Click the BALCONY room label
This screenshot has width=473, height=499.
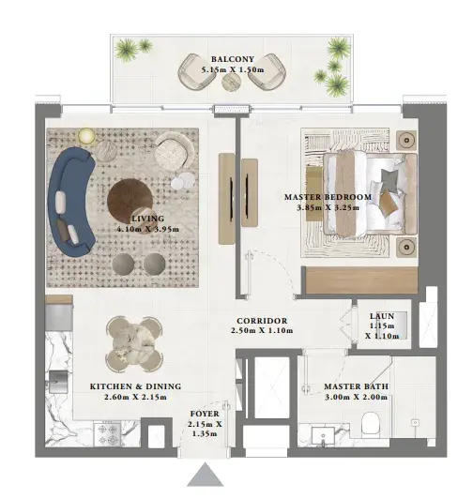[233, 59]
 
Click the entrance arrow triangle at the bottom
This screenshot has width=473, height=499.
[206, 475]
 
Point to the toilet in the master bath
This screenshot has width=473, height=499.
[370, 423]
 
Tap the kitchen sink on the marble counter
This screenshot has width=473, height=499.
[58, 382]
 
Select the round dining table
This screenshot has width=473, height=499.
[134, 343]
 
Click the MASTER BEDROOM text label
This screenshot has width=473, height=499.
[328, 197]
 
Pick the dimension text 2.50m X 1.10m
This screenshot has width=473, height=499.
[262, 330]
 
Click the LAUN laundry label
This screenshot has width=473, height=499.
[382, 316]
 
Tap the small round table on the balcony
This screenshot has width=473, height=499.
[232, 83]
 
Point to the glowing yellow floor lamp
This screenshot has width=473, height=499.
[86, 136]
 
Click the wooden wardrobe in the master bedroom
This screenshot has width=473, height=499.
[361, 280]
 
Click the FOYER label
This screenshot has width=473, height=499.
[205, 414]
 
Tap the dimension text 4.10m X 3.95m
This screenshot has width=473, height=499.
[148, 229]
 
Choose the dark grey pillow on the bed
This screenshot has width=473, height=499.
[389, 180]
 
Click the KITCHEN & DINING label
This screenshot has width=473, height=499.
[136, 386]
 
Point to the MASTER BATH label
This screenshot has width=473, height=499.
[356, 386]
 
